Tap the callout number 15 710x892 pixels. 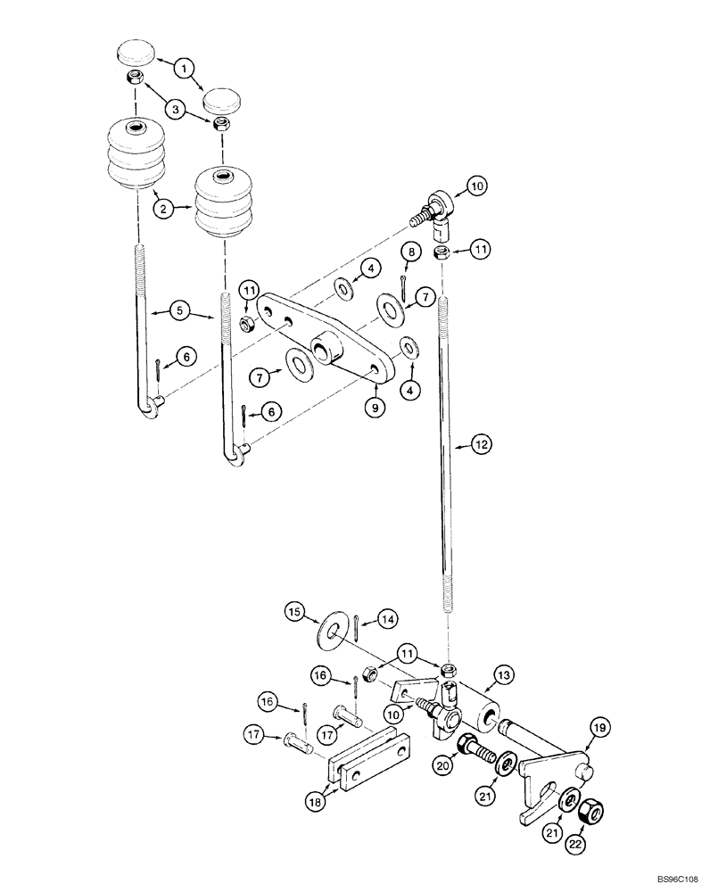pyautogui.click(x=293, y=611)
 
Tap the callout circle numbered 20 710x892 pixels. pyautogui.click(x=444, y=763)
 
